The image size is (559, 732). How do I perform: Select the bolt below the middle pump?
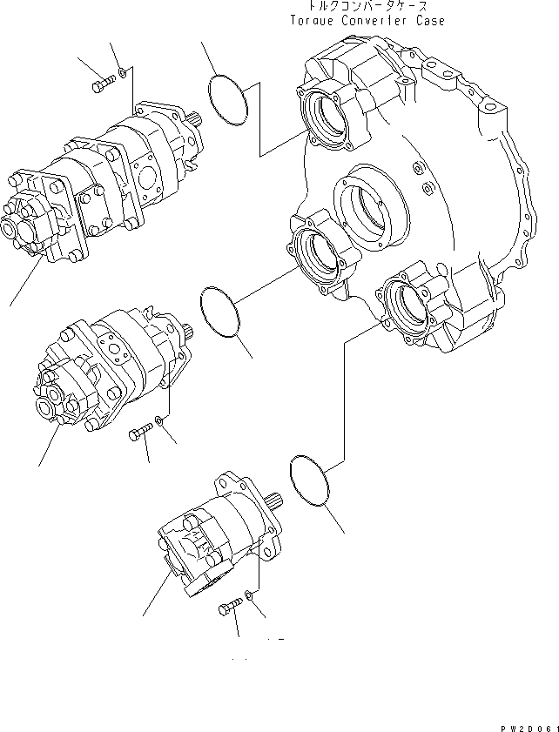[x=140, y=432]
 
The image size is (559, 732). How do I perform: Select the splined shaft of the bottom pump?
[x=279, y=499]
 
